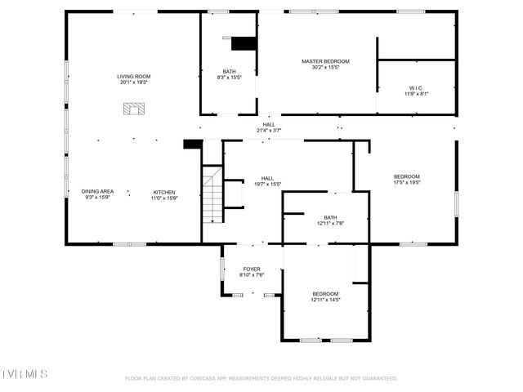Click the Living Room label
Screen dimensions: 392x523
135,77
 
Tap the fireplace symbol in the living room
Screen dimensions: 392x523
133,108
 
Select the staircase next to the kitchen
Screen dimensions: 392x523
212,194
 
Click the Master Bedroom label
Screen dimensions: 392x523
325,61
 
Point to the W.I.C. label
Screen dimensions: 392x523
416,87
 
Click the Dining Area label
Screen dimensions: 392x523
97,191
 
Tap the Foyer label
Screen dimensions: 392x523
252,269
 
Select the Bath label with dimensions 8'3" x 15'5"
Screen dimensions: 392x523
230,71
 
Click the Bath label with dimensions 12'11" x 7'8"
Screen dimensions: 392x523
330,217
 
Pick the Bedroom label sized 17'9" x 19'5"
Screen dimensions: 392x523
406,177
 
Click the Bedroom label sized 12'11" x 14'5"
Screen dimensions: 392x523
324,294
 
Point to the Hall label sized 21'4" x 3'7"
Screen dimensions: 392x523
269,125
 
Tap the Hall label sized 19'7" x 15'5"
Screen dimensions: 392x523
267,178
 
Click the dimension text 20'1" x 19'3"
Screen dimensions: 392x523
135,82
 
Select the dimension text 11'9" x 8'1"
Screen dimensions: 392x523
416,94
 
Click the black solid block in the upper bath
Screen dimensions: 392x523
244,43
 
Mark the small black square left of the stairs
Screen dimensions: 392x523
193,145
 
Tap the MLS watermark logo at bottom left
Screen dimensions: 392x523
25,374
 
